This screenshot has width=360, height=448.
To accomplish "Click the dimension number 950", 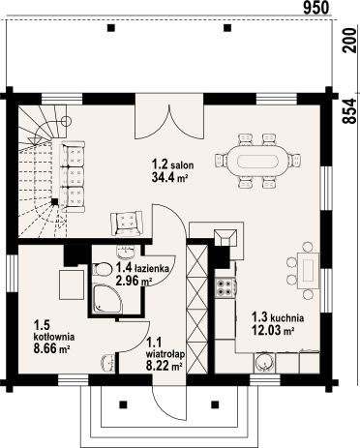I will point(315,8).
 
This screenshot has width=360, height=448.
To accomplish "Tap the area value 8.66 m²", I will point(51,349).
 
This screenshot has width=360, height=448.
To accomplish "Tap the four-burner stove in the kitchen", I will point(225,287).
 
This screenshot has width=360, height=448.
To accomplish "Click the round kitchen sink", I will point(262,361).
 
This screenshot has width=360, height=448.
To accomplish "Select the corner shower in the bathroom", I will point(105,299).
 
